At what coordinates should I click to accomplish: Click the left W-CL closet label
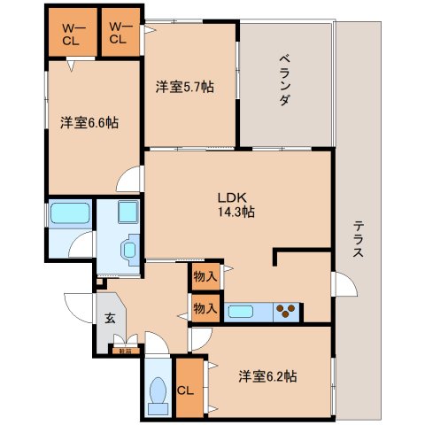[72, 33]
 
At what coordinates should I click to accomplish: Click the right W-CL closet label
[120, 33]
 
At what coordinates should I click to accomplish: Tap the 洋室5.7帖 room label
[185, 86]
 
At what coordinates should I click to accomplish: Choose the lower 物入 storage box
[205, 308]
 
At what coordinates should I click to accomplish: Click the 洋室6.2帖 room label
[267, 375]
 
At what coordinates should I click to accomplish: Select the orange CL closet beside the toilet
[187, 387]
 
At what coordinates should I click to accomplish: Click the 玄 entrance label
[111, 319]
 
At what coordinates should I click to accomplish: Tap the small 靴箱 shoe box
[120, 352]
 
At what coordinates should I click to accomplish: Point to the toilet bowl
[159, 392]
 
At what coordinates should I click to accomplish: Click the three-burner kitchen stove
[287, 311]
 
